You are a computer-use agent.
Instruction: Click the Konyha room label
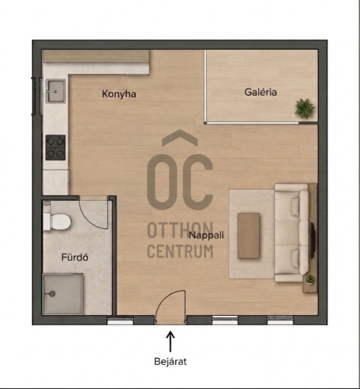click(119, 94)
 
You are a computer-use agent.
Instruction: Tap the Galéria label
click(260, 92)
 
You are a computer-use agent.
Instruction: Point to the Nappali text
click(206, 235)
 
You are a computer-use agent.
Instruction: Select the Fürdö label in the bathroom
click(75, 257)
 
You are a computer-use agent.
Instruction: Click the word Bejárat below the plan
click(170, 361)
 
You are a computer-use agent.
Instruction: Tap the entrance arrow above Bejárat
click(170, 342)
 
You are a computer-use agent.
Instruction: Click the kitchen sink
click(55, 91)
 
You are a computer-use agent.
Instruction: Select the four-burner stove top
click(55, 147)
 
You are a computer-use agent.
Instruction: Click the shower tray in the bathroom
click(63, 294)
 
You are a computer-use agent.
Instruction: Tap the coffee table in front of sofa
click(249, 236)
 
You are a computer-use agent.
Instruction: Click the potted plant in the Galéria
click(305, 108)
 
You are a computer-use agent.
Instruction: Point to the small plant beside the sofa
click(310, 279)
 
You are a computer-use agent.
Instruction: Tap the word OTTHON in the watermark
click(180, 230)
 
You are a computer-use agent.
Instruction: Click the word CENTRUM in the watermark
click(180, 251)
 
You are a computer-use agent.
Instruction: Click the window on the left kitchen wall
click(37, 96)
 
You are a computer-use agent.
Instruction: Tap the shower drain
click(52, 294)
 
